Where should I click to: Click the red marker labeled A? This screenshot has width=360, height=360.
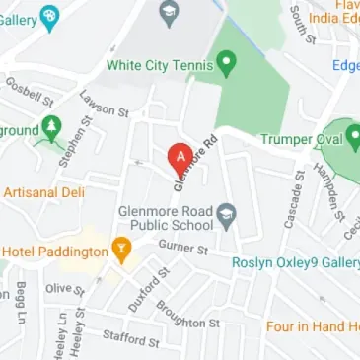pyautogui.click(x=180, y=156)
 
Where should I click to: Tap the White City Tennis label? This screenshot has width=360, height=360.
pyautogui.click(x=160, y=67)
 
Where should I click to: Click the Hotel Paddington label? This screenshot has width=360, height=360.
pyautogui.click(x=54, y=252)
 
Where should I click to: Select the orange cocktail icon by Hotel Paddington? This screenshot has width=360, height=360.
pyautogui.click(x=122, y=251)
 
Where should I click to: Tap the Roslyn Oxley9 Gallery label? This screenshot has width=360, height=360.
pyautogui.click(x=294, y=262)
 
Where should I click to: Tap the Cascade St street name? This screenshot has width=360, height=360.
pyautogui.click(x=293, y=205)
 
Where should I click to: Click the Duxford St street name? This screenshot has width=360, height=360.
pyautogui.click(x=149, y=289)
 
